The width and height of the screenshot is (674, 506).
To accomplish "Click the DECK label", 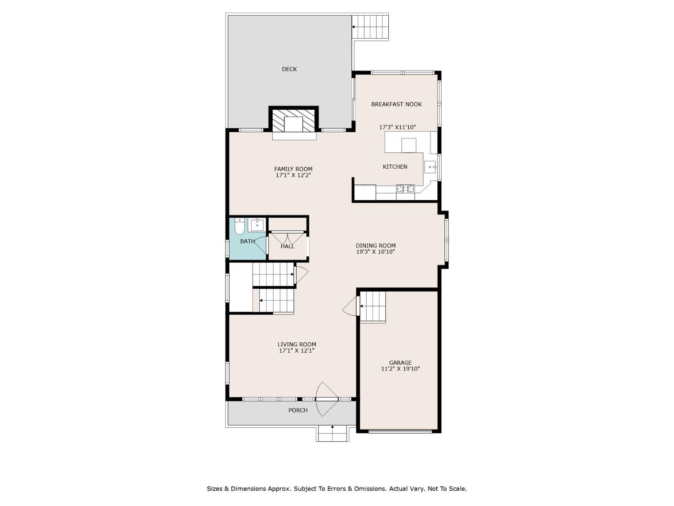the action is tap(289, 69).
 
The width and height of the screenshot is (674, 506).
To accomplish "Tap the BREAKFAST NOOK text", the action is tap(396, 104).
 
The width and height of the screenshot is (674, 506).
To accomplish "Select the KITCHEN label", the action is tap(395, 166).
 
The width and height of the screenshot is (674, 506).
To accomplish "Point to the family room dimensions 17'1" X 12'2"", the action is tap(293, 175).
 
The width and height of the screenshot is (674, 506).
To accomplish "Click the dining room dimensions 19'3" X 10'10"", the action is tap(375, 251).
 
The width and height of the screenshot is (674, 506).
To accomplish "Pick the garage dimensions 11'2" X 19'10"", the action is tap(400, 369).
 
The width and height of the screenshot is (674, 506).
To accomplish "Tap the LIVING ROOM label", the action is tap(297, 345).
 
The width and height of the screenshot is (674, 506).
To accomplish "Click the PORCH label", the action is tap(297, 410).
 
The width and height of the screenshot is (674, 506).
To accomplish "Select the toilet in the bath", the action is tap(239, 226).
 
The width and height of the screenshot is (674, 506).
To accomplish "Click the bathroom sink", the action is tap(256, 225).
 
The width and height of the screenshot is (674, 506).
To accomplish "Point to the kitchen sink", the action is tap(430, 167).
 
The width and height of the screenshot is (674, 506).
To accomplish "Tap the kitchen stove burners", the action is tap(405, 188).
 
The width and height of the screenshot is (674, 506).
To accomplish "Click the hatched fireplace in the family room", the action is tap(293, 121).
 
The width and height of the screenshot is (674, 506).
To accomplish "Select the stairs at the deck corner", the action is tap(370, 27).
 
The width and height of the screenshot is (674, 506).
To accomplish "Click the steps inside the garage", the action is tap(372, 306).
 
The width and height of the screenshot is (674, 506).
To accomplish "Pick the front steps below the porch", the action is tap(332, 434).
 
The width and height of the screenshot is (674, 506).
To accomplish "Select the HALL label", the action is tap(287, 246).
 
